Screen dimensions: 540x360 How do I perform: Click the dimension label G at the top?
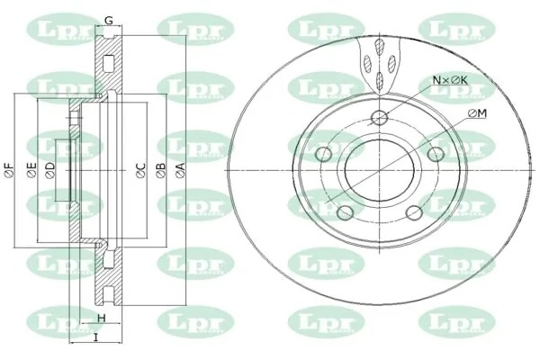point(109,21)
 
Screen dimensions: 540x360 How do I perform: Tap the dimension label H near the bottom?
point(101,319)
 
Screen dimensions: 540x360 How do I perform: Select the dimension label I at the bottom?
point(96,338)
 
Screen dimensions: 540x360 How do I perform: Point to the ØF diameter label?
point(10,170)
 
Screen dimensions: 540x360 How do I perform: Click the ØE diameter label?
point(31,170)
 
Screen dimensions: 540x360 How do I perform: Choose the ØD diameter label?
point(50,170)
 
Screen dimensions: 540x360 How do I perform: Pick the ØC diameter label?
point(141,170)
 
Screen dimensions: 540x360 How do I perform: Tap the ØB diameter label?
point(161,170)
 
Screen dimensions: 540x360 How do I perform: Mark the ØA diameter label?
point(181,170)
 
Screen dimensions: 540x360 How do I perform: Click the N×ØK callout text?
point(450,80)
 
